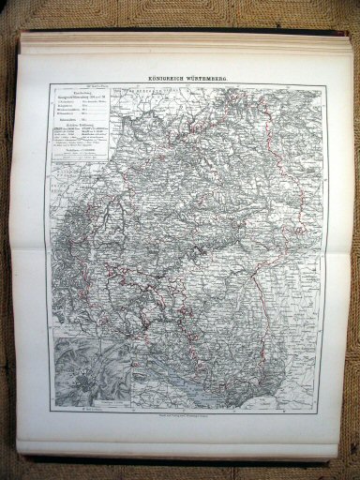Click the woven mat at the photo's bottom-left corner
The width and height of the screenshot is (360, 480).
tap(11, 464)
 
